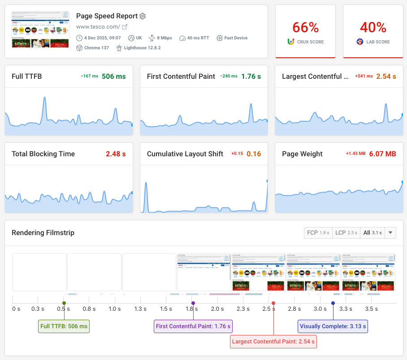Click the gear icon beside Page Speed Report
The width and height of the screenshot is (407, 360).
point(143,16)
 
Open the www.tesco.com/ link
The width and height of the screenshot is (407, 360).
point(98,27)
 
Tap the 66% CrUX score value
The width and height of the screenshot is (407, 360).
point(305,28)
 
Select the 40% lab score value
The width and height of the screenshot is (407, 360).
point(373,28)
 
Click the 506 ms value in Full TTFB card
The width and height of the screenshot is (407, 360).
point(114,77)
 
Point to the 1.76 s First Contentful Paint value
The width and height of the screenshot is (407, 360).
point(251,77)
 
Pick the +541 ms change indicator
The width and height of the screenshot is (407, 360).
point(364,77)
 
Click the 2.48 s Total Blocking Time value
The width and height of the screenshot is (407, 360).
point(116,154)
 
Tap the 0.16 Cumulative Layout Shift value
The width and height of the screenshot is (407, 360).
point(254,154)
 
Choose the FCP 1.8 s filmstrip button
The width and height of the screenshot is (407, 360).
point(318,233)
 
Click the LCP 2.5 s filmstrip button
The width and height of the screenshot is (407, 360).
point(346,233)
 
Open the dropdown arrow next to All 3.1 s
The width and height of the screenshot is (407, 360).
point(390,233)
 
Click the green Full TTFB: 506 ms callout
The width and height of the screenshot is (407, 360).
point(64,326)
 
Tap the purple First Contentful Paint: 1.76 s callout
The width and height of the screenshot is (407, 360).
point(193,326)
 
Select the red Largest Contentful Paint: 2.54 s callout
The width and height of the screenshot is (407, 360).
point(273,342)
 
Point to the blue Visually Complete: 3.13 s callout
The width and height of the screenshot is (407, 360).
point(333,326)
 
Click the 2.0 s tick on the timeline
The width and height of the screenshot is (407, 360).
point(217,309)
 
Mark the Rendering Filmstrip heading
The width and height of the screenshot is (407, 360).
point(43,233)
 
